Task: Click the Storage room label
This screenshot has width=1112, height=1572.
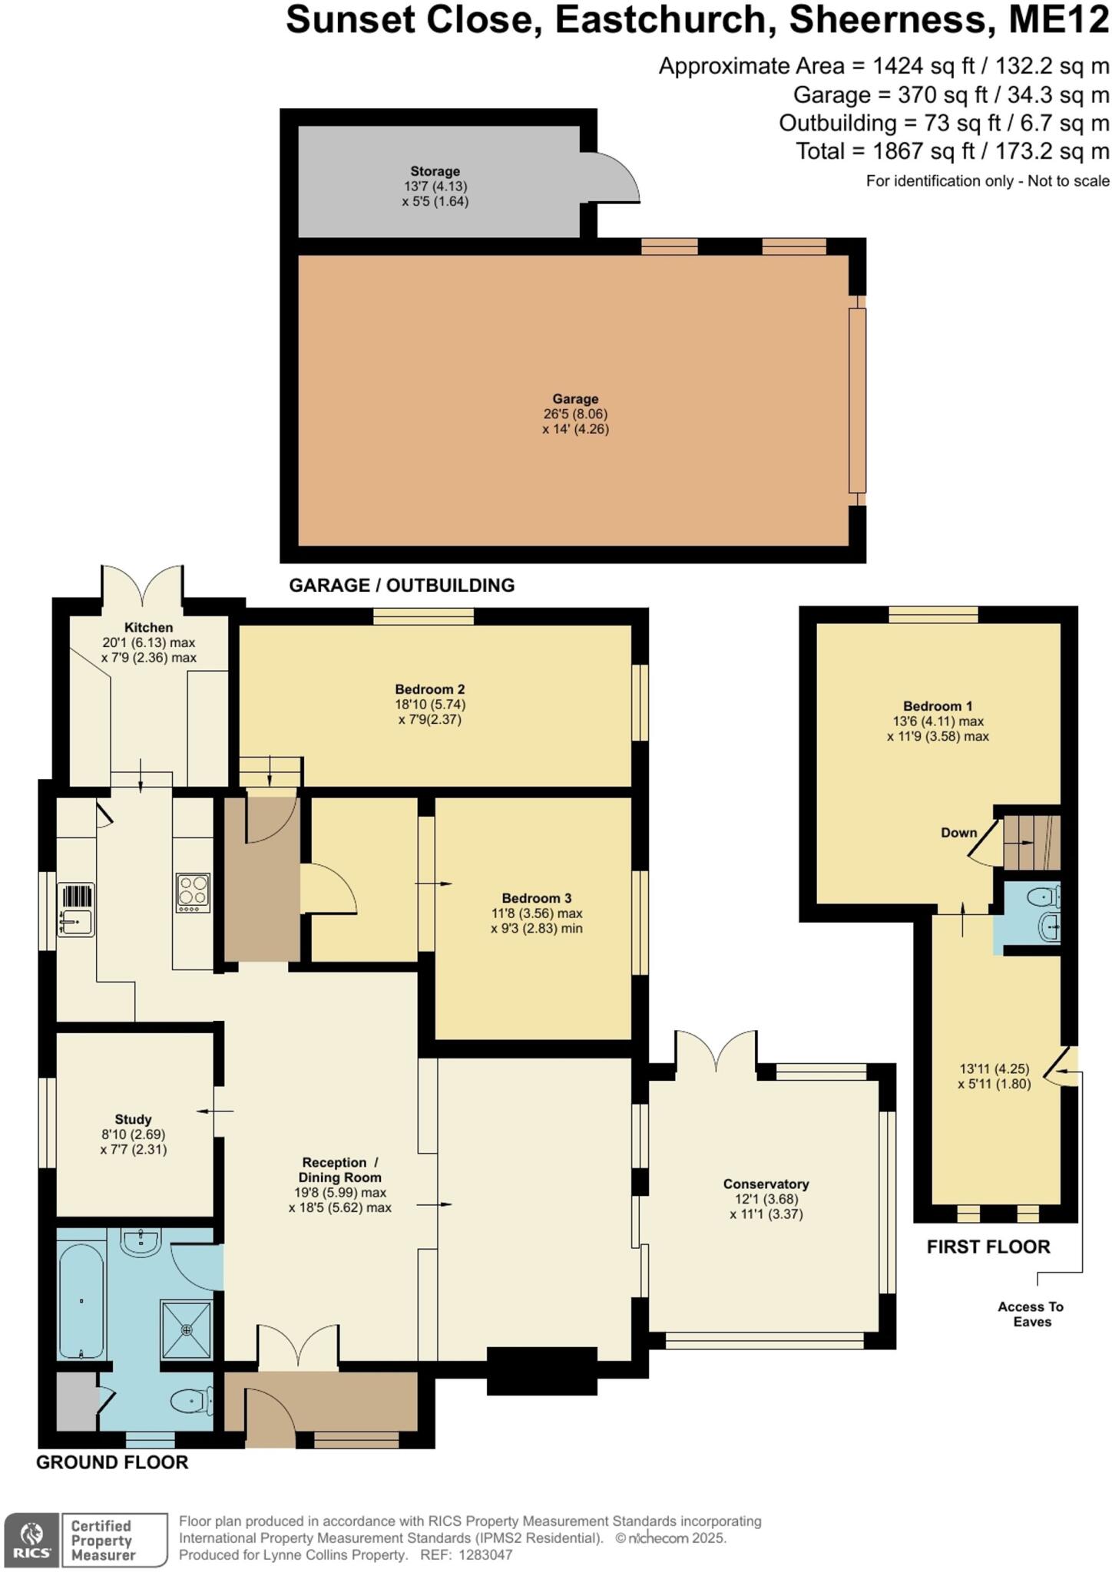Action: point(435,171)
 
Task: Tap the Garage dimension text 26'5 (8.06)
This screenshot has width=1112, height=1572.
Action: point(575,414)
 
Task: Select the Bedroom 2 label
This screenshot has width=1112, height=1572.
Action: point(429,689)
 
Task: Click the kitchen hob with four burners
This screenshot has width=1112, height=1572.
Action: point(193,893)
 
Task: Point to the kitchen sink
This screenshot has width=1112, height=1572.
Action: point(76,910)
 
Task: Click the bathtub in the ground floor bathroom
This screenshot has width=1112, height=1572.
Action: point(81,1300)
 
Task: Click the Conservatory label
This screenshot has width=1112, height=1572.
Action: point(766,1184)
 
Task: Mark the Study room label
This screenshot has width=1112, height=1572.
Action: point(133,1119)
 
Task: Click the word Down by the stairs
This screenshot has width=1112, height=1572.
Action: point(958,833)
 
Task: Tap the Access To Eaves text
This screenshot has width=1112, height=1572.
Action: point(1031,1314)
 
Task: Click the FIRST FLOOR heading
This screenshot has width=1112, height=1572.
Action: point(988,1247)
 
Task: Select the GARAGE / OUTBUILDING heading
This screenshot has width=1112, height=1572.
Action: point(402,586)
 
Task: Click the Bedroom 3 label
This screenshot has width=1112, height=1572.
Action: point(536,898)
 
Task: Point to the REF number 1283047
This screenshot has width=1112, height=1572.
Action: point(485,1555)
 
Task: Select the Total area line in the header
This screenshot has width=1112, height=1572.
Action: point(952,151)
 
